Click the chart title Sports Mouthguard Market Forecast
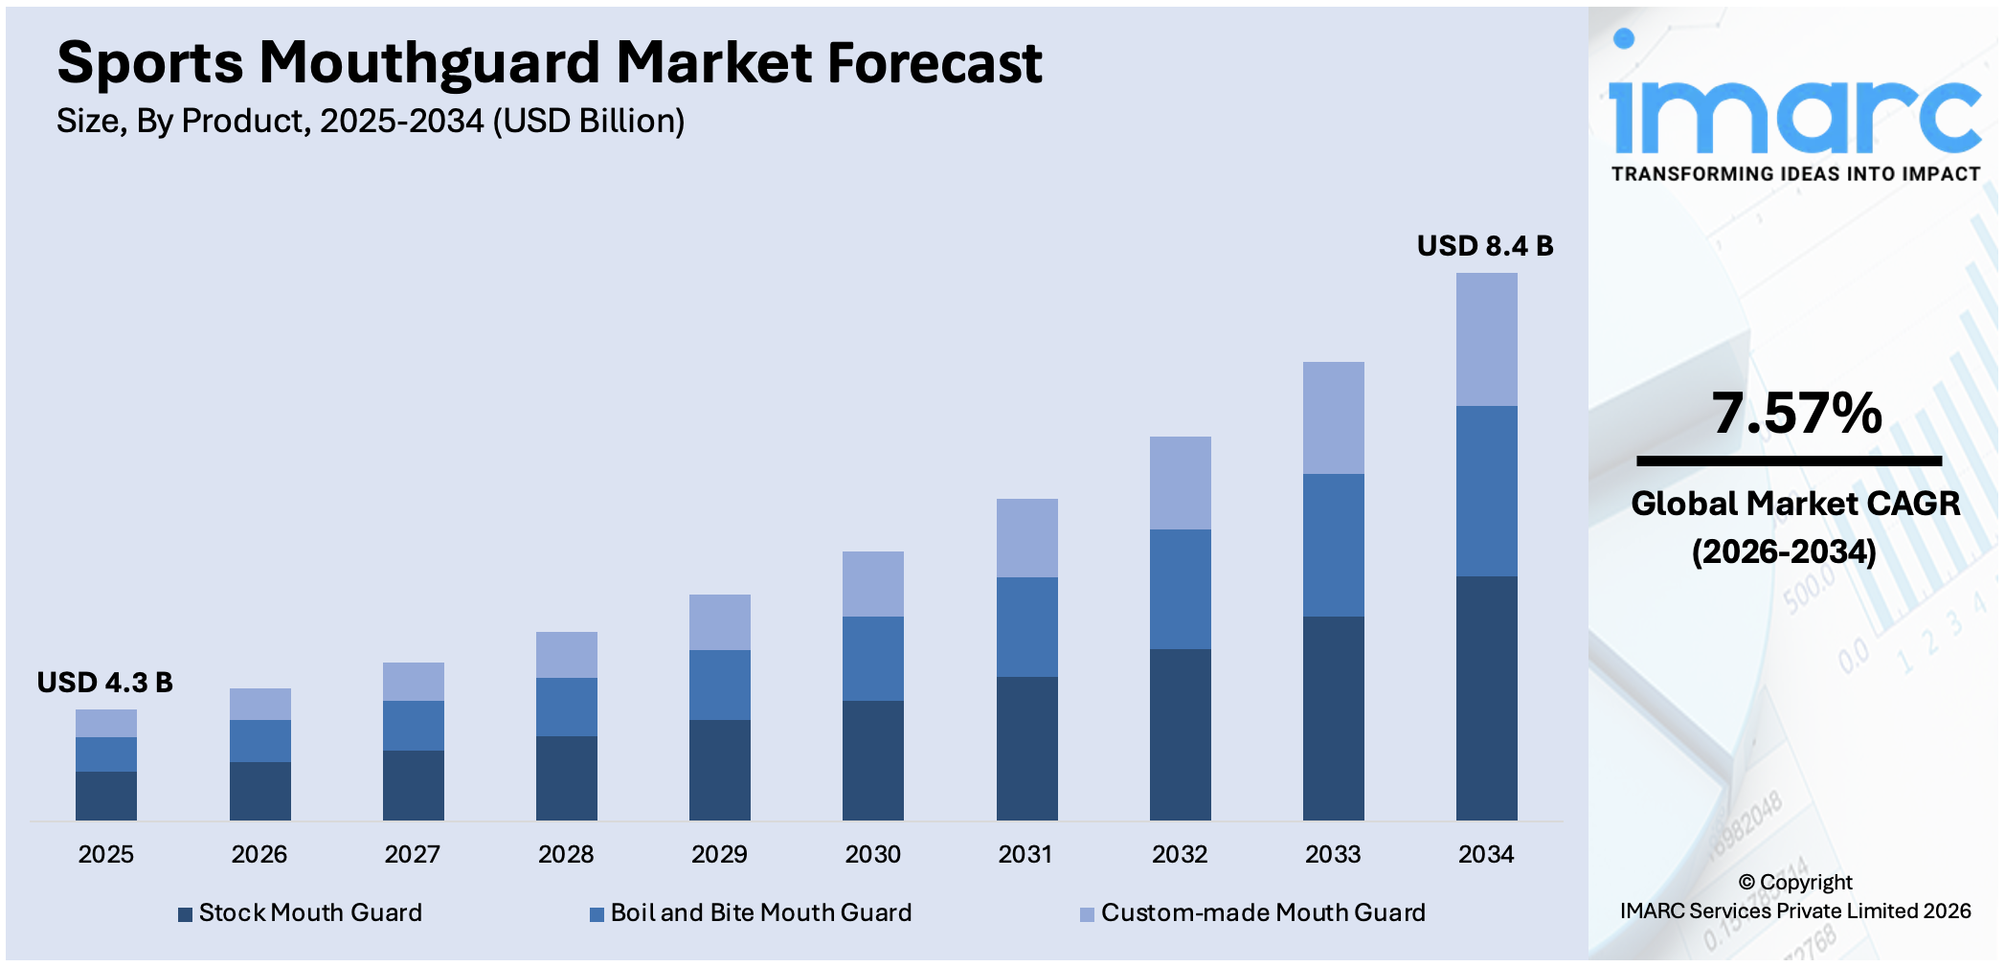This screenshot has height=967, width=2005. pyautogui.click(x=549, y=63)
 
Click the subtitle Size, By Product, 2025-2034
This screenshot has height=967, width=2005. pyautogui.click(x=370, y=122)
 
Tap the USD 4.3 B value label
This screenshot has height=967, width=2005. pyautogui.click(x=104, y=683)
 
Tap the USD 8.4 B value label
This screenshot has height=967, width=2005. pyautogui.click(x=1484, y=246)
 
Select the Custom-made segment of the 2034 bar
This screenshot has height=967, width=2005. pyautogui.click(x=1486, y=339)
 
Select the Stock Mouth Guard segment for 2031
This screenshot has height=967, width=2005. pyautogui.click(x=1026, y=748)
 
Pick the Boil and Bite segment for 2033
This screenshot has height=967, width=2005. pyautogui.click(x=1333, y=545)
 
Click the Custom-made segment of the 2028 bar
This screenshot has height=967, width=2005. pyautogui.click(x=566, y=655)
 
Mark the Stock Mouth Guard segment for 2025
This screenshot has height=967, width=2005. pyautogui.click(x=106, y=796)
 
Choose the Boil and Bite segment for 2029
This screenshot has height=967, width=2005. pyautogui.click(x=719, y=685)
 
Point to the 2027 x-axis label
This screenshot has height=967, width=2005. pyautogui.click(x=412, y=854)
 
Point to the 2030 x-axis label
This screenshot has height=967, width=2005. pyautogui.click(x=872, y=854)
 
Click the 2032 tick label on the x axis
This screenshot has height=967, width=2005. pyautogui.click(x=1179, y=854)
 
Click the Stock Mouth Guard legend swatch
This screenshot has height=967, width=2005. pyautogui.click(x=186, y=914)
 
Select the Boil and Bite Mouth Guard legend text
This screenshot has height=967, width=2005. pyautogui.click(x=760, y=912)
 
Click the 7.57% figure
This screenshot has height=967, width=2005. pyautogui.click(x=1796, y=414)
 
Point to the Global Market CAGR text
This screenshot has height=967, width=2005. pyautogui.click(x=1794, y=504)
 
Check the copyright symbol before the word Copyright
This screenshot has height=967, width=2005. pyautogui.click(x=1746, y=883)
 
